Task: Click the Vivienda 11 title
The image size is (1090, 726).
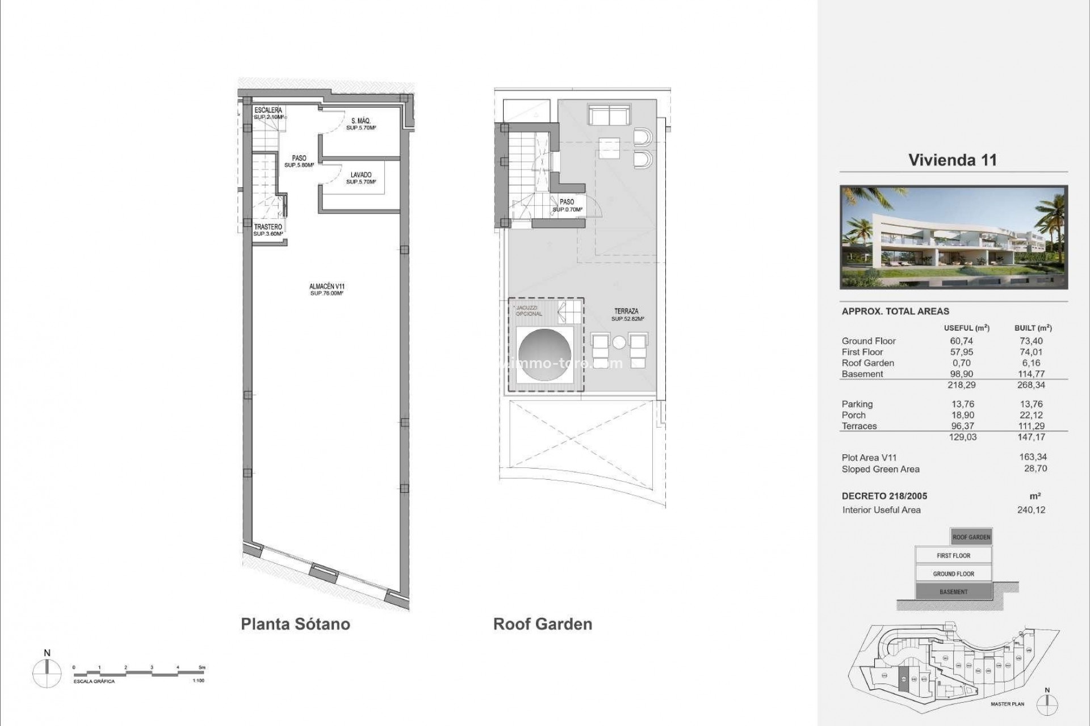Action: [953, 160]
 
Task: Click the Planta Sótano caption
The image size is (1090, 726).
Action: [295, 624]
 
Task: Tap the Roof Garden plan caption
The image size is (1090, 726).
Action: [543, 624]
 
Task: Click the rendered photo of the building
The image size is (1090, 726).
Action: [954, 237]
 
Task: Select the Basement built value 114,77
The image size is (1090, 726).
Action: [1031, 374]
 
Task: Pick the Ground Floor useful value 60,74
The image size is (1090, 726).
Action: [961, 341]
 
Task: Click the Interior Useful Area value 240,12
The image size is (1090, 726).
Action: [1031, 510]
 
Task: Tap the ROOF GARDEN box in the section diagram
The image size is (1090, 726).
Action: [971, 537]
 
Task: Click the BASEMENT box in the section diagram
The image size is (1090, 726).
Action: [953, 592]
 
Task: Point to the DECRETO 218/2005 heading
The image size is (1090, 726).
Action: [884, 496]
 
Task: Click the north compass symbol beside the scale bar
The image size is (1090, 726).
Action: [47, 673]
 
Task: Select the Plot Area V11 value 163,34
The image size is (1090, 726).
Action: [1033, 457]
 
